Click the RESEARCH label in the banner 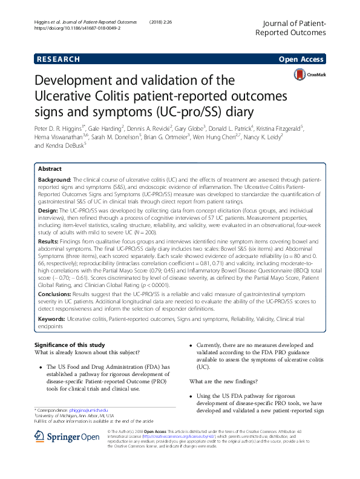(58, 59)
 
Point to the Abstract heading (50, 169)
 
